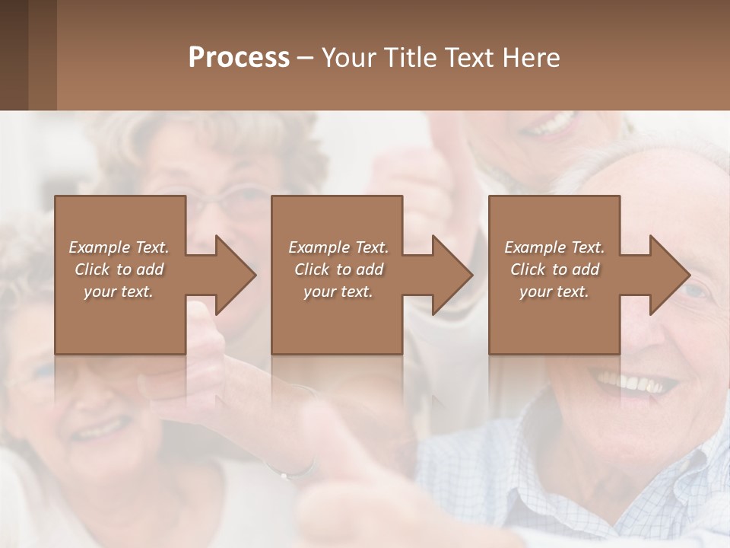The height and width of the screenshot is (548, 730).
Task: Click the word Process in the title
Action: [239, 57]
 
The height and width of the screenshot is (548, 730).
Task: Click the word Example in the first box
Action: [98, 247]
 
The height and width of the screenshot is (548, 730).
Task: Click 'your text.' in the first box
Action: [119, 292]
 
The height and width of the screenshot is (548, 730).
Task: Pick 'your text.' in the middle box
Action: [338, 292]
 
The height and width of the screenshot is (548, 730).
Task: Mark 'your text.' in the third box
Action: [554, 292]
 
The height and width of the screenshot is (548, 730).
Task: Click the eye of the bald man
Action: [696, 291]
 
